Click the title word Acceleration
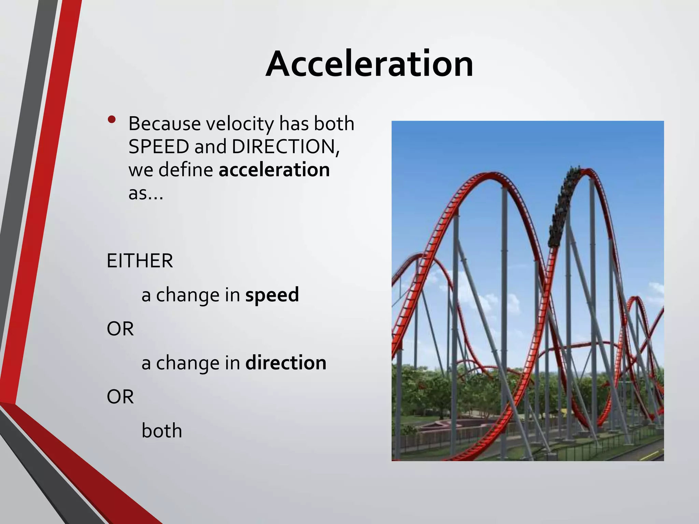(x=369, y=64)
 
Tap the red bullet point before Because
(x=111, y=120)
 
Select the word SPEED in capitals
(x=159, y=147)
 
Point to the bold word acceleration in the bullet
(x=274, y=170)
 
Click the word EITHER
(x=140, y=261)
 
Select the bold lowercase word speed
(x=272, y=295)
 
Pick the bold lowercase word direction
(x=286, y=363)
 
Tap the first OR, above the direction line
(x=120, y=329)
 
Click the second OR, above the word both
(x=120, y=397)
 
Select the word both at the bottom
(x=162, y=431)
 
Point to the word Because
(x=165, y=123)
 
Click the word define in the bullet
(x=186, y=170)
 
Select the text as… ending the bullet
(x=146, y=193)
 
